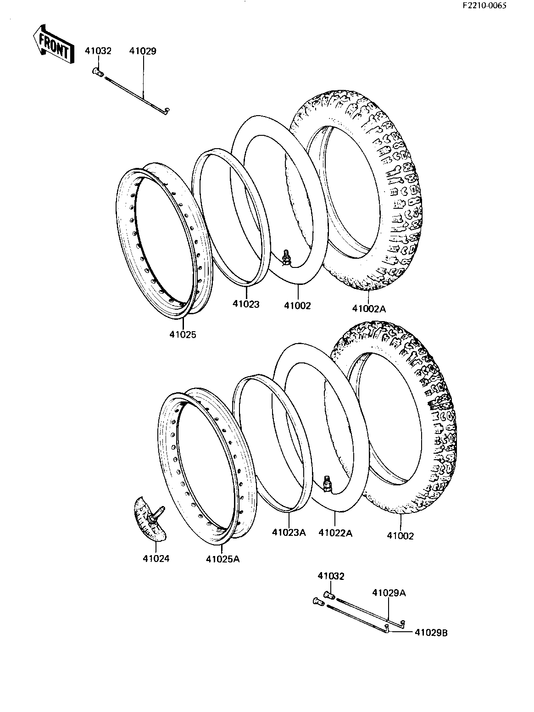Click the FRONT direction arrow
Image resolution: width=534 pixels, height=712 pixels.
54,44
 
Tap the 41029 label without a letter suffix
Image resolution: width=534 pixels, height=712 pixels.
143,51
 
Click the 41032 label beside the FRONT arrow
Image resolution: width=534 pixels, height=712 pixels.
98,51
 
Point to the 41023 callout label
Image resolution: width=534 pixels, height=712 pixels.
246,304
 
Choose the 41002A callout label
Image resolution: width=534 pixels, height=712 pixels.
369,308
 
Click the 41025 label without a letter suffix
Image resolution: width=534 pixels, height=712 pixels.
183,334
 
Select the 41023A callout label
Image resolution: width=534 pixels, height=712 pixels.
289,533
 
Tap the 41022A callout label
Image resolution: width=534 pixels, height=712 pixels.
335,533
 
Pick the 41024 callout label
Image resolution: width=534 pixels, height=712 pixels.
156,559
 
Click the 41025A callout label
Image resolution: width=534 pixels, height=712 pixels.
222,559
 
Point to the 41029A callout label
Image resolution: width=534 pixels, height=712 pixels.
389,593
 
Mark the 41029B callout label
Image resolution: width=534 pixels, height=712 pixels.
431,633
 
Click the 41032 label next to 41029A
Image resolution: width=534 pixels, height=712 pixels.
331,576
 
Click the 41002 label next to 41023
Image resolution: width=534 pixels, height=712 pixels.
297,306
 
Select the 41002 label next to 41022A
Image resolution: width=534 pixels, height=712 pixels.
400,536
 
